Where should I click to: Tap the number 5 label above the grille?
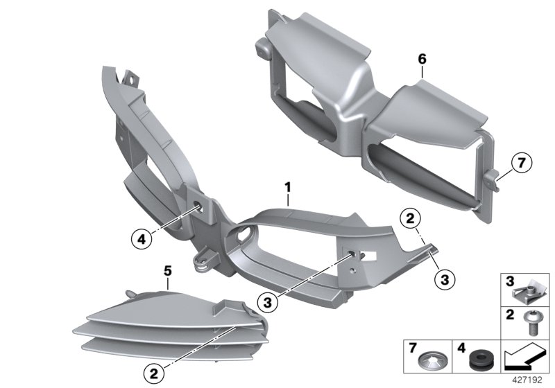(x=167, y=266)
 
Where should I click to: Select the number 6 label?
(x=421, y=60)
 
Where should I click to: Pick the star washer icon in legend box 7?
(x=429, y=360)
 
